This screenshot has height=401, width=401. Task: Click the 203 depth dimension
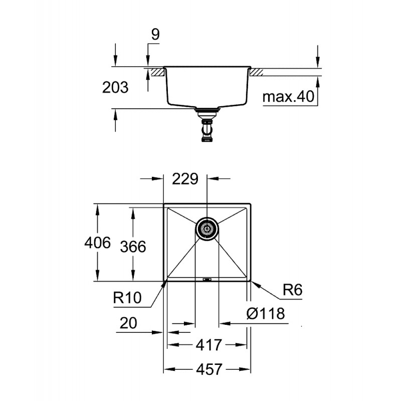point(115,87)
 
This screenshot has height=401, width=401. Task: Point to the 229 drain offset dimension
point(185,178)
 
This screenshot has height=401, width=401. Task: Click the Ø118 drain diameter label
point(266,314)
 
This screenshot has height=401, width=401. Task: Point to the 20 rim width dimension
point(129,323)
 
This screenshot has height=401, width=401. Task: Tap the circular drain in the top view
point(207,229)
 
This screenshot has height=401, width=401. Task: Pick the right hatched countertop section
point(257,72)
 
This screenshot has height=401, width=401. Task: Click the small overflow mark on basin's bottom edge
point(206,279)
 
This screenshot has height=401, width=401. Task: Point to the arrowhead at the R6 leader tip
point(253,283)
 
